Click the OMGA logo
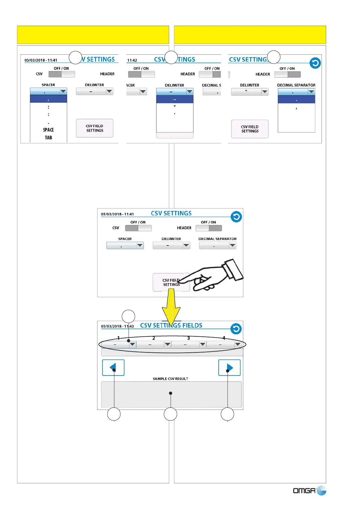coord(309,491)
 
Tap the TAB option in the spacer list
coord(48,138)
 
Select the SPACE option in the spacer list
coord(48,130)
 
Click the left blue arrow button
coord(113,368)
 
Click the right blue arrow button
coord(229,368)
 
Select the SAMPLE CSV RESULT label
coord(170,379)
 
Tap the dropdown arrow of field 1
coord(133,344)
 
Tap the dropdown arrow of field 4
coord(238,344)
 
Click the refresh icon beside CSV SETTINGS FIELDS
coord(236,329)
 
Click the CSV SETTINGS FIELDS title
coord(171,326)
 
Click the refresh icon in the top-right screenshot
coord(315,63)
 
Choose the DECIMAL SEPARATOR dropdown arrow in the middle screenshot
coord(232,245)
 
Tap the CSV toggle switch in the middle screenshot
coord(138,228)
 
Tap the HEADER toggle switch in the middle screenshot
coord(209,228)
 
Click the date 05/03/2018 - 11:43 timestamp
coord(117,326)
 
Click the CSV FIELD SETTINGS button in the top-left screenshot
coord(95,128)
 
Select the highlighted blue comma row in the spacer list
coord(48,99)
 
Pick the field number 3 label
coord(188,338)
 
